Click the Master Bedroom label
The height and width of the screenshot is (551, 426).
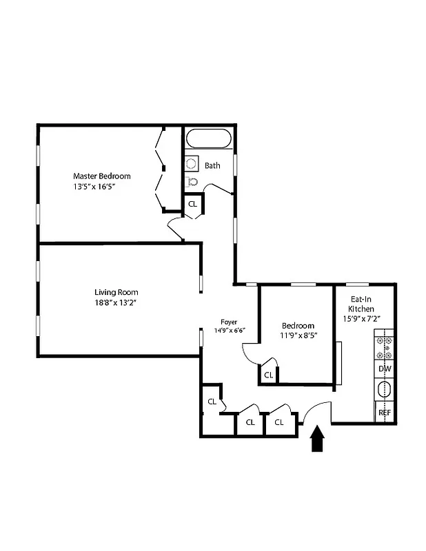[x=101, y=176]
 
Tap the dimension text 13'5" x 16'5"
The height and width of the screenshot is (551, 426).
[x=101, y=187]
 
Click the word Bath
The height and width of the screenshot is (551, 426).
[x=212, y=165]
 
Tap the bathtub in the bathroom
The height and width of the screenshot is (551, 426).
[x=209, y=140]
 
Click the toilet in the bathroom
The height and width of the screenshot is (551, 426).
[x=192, y=182]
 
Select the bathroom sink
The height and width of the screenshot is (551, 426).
[x=191, y=164]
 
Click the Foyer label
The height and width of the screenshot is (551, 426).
[x=229, y=322]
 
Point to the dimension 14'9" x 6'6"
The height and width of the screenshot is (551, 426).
[x=229, y=331]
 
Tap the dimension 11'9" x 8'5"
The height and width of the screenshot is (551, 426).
[x=298, y=336]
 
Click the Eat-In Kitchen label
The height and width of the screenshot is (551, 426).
[x=362, y=309]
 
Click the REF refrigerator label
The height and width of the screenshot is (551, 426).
[x=385, y=413]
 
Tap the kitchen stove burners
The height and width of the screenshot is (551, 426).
[x=384, y=349]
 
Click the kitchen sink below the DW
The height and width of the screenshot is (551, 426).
[x=384, y=391]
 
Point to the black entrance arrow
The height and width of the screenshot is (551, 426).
[x=317, y=439]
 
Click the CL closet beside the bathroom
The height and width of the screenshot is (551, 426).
[x=192, y=204]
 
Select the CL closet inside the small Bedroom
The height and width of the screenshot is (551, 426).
[x=268, y=375]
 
